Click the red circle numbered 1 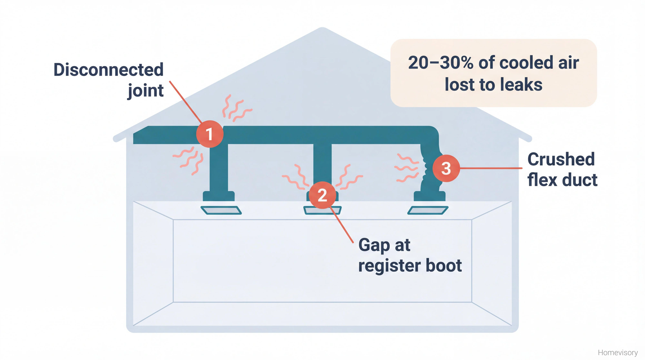click(x=210, y=134)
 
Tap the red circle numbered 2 click(x=322, y=195)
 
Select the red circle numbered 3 click(x=446, y=168)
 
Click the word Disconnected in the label click(x=108, y=70)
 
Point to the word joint click(x=146, y=91)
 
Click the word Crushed click(x=561, y=159)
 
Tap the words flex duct click(x=562, y=180)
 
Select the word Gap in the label click(x=374, y=245)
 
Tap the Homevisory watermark click(x=618, y=353)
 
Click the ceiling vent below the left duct click(x=221, y=210)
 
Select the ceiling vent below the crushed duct click(x=428, y=210)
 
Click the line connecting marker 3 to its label click(x=490, y=168)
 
